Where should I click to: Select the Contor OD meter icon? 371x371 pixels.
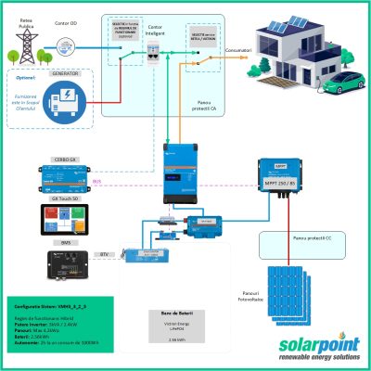pos(65,45)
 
